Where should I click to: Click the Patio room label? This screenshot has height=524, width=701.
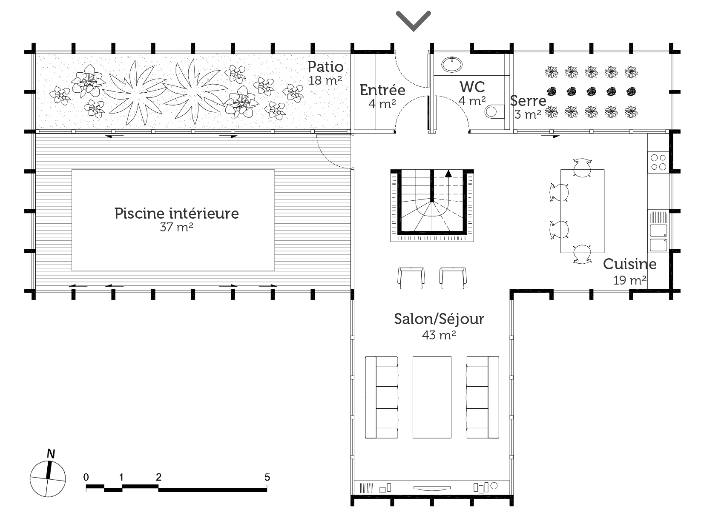click(325, 67)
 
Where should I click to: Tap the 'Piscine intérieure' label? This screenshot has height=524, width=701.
click(177, 214)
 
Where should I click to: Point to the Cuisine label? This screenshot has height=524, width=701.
click(629, 264)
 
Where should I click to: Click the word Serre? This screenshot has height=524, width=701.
click(528, 101)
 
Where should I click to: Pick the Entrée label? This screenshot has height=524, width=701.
click(382, 90)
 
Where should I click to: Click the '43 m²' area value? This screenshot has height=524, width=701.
click(439, 335)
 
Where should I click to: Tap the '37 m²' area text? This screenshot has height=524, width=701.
click(176, 227)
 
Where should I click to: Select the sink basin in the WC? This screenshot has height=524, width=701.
click(451, 65)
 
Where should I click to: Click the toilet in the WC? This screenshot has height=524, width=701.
click(494, 111)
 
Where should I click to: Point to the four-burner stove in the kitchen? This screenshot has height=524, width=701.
click(658, 162)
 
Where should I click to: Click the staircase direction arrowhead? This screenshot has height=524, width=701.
click(448, 174)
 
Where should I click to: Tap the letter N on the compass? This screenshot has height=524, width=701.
click(51, 453)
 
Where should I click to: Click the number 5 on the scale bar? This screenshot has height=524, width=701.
click(267, 477)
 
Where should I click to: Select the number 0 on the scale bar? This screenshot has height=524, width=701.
click(86, 477)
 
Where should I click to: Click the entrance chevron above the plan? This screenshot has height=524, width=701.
click(413, 21)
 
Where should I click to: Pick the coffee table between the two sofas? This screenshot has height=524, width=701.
click(432, 397)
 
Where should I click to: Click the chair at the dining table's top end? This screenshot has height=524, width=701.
click(582, 167)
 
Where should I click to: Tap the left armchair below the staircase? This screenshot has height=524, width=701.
click(411, 278)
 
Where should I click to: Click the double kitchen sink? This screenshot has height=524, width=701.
click(658, 238)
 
